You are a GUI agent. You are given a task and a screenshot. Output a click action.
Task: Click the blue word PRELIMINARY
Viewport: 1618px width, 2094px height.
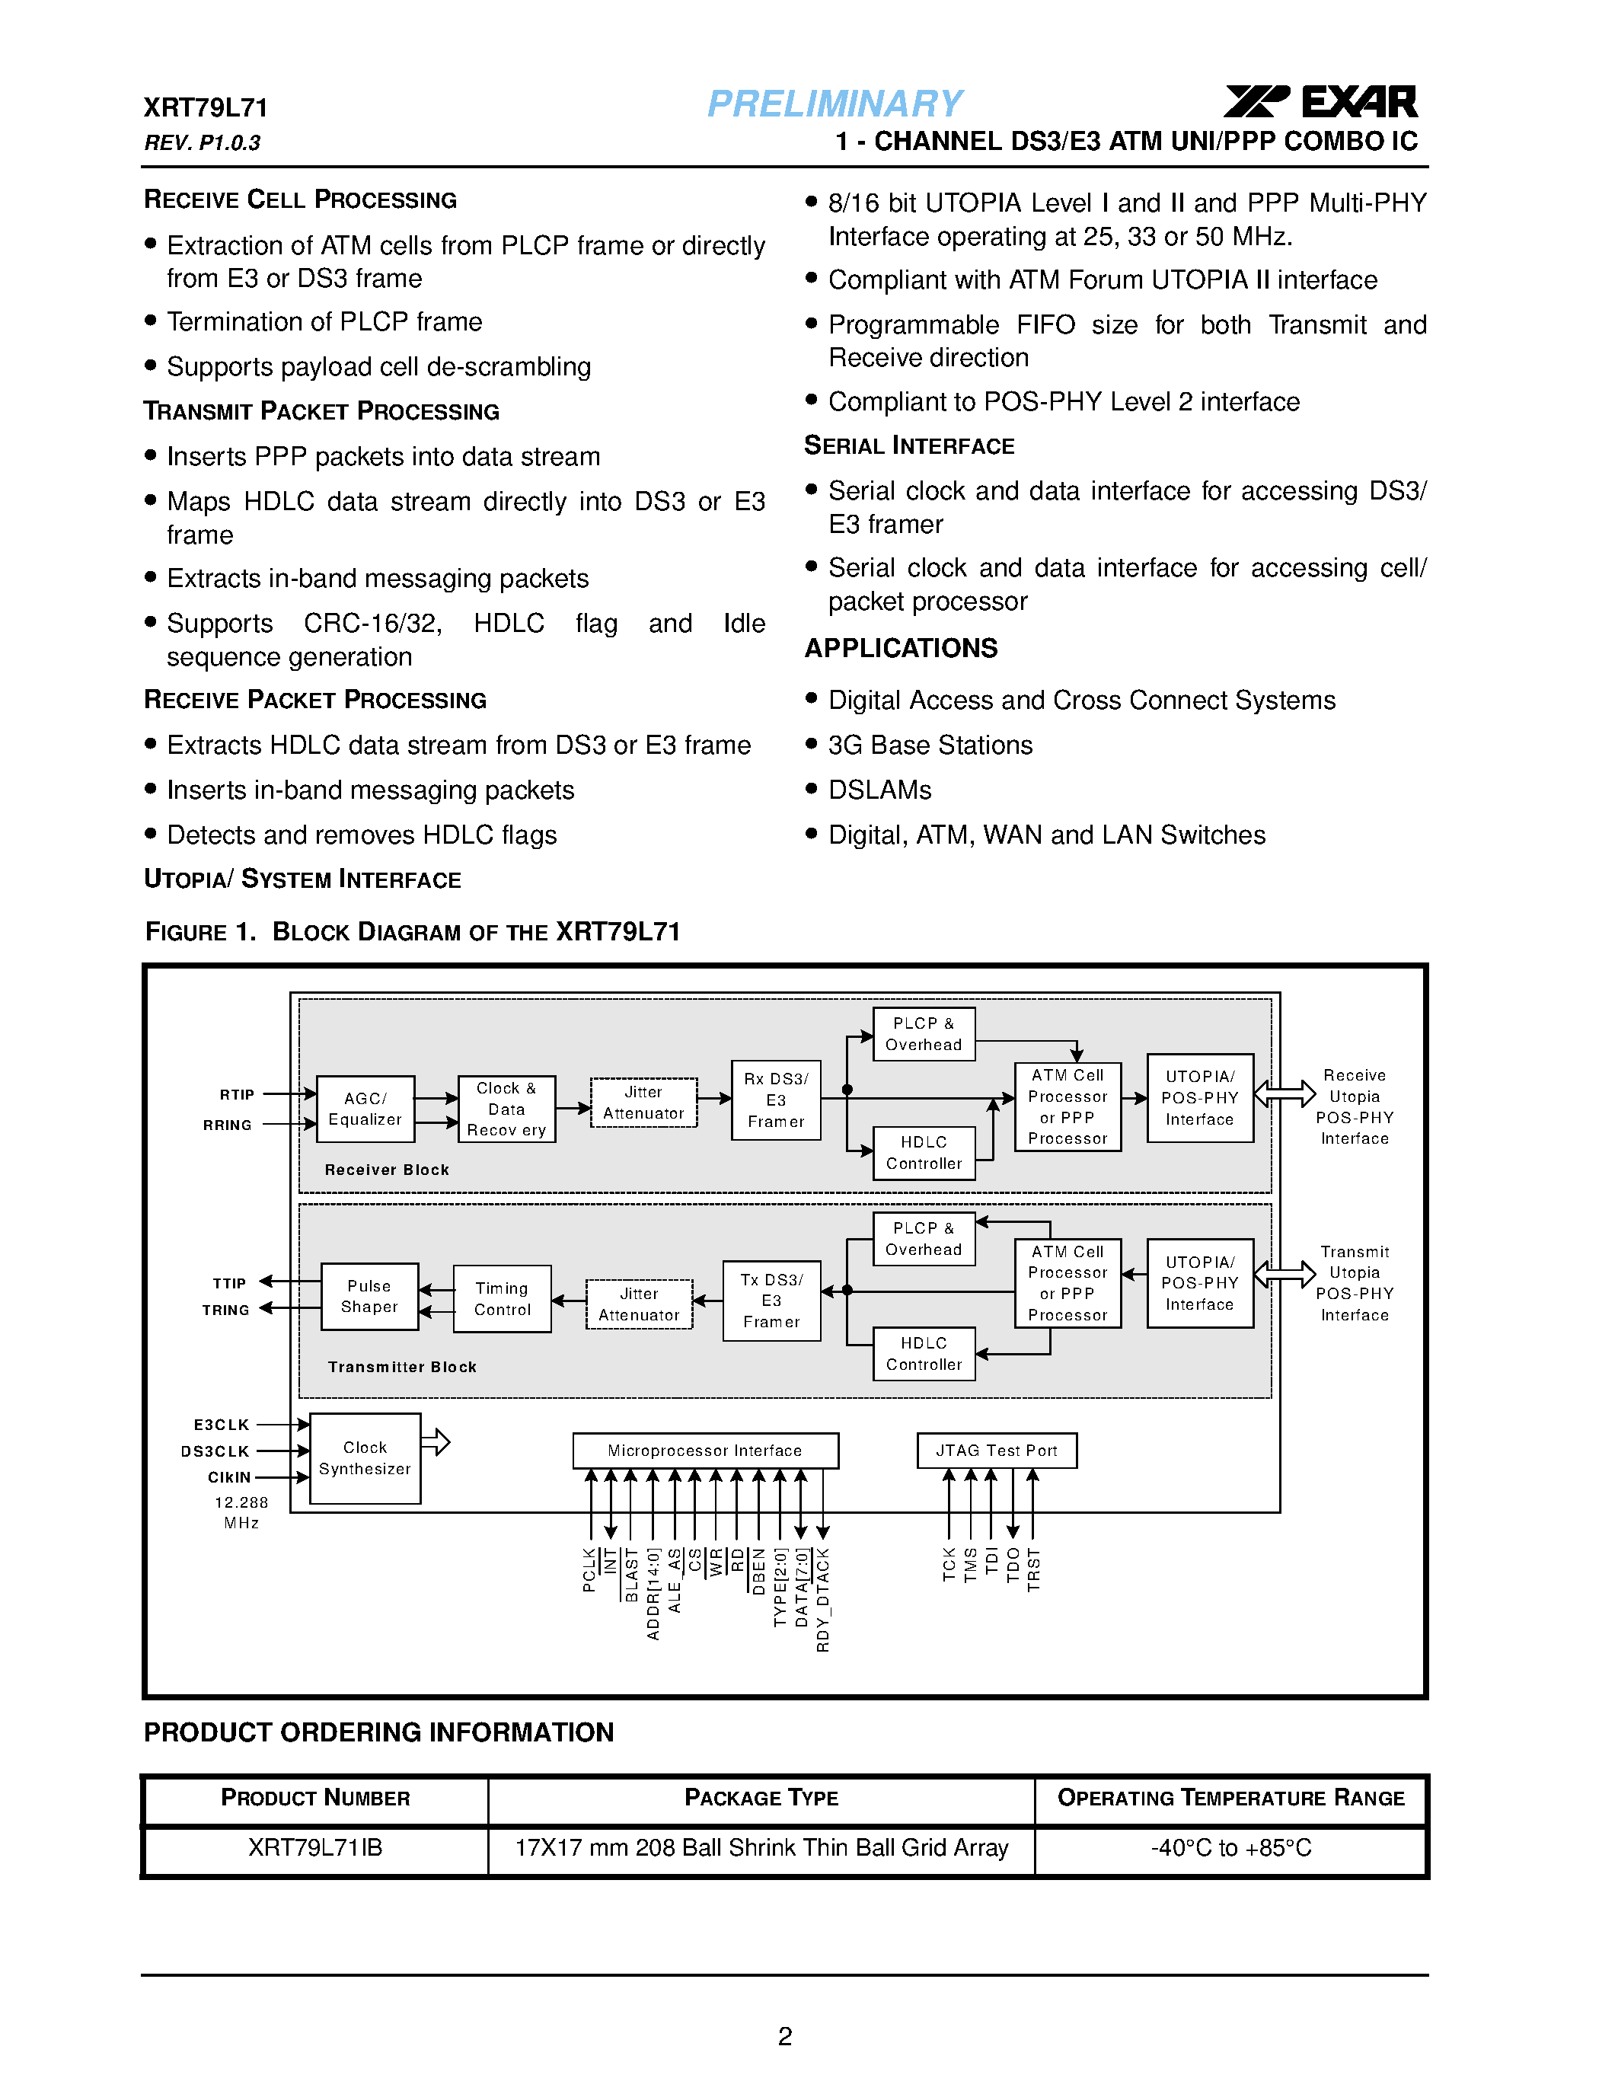tap(834, 104)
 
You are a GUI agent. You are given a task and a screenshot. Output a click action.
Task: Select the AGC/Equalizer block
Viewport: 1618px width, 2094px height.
tap(365, 1109)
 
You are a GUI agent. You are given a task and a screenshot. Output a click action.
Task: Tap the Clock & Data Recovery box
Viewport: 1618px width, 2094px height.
tap(506, 1109)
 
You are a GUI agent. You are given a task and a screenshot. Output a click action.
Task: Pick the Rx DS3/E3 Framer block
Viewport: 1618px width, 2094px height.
tap(775, 1100)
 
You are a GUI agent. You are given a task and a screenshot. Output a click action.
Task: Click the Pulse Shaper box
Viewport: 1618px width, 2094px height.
tap(369, 1296)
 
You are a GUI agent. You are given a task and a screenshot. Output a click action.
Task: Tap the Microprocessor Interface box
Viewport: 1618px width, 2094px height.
tap(704, 1450)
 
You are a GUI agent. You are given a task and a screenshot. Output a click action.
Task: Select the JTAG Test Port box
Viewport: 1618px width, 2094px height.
tap(996, 1450)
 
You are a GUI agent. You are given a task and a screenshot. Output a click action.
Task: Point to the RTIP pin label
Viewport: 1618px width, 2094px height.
tap(237, 1094)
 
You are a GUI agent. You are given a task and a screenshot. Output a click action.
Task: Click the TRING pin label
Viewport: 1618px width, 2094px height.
tap(226, 1310)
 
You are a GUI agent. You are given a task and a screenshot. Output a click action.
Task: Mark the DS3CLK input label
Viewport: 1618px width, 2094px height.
tap(215, 1451)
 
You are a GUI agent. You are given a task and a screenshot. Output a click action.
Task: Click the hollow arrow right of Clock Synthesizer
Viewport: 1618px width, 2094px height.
tap(436, 1441)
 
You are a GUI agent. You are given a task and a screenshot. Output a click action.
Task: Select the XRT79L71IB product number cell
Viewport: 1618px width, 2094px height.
tap(315, 1847)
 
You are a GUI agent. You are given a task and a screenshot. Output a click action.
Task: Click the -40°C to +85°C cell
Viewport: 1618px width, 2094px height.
tap(1230, 1847)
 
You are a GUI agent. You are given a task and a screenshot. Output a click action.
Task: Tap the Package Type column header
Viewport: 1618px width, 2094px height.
tap(761, 1798)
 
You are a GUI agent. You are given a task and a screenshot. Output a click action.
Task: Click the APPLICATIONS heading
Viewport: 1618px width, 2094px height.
tap(901, 648)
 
